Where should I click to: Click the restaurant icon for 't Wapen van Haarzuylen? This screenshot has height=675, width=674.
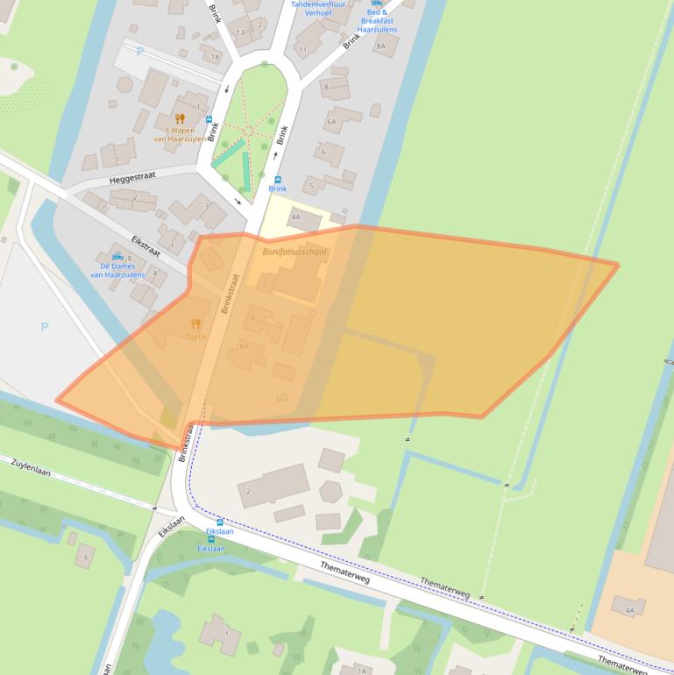pyautogui.click(x=180, y=118)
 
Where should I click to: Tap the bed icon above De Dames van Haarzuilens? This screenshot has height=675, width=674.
pyautogui.click(x=117, y=258)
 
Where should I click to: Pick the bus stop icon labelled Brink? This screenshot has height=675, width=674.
pyautogui.click(x=277, y=178)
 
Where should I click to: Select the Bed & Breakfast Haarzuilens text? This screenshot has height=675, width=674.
pyautogui.click(x=377, y=21)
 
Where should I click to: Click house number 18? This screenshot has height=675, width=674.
pyautogui.click(x=214, y=58)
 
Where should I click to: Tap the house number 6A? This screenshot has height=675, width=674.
pyautogui.click(x=331, y=122)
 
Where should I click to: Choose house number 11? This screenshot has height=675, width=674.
pyautogui.click(x=302, y=50)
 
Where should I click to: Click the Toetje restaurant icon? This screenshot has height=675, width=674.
pyautogui.click(x=195, y=323)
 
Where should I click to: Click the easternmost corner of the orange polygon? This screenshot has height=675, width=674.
pyautogui.click(x=618, y=264)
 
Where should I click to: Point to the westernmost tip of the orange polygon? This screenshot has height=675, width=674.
pyautogui.click(x=57, y=401)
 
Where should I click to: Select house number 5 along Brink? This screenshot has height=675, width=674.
pyautogui.click(x=310, y=186)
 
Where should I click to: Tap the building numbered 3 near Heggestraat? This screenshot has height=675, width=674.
pyautogui.click(x=207, y=206)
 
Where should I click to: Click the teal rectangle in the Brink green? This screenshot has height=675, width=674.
pyautogui.click(x=228, y=153)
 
